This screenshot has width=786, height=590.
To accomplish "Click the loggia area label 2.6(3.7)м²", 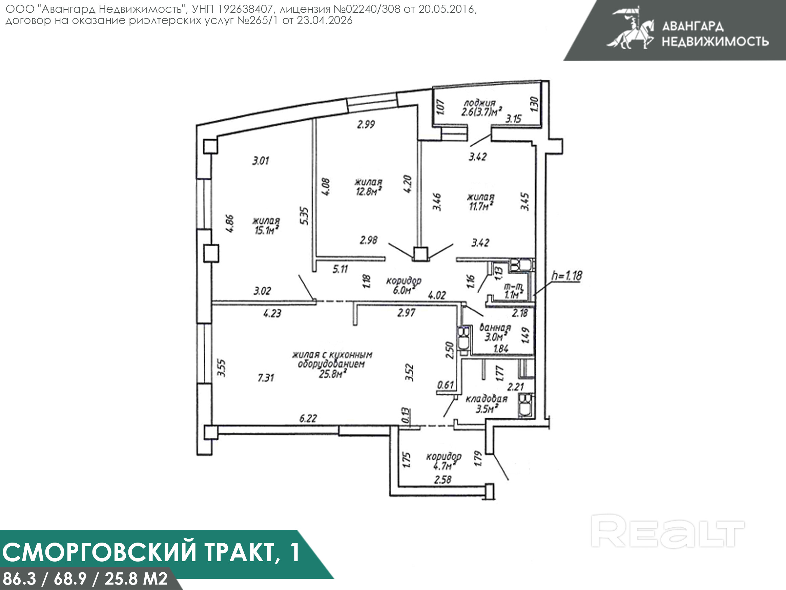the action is tap(481, 112).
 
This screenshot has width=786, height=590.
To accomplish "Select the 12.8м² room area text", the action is tap(369, 191).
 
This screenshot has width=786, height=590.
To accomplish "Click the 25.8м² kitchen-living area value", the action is tap(333, 374).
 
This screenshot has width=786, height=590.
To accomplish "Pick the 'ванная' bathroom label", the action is tap(495, 327).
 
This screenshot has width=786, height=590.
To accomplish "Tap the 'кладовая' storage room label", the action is tap(487, 399).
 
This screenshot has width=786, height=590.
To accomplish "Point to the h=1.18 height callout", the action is tap(567, 276).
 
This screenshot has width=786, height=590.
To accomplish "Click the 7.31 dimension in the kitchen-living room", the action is tap(266, 377).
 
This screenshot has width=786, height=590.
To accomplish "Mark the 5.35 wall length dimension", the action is tap(304, 216).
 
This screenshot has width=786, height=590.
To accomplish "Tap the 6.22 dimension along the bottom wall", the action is tap(308, 418).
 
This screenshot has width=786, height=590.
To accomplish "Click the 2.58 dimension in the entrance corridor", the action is tap(443, 480).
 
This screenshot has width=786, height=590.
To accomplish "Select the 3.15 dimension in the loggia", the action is tap(514, 119).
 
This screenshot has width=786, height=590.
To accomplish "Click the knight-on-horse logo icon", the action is tap(630, 28).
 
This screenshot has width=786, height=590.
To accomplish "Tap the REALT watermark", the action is tap(668, 531).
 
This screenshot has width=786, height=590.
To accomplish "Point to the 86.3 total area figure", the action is tap(20, 578).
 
